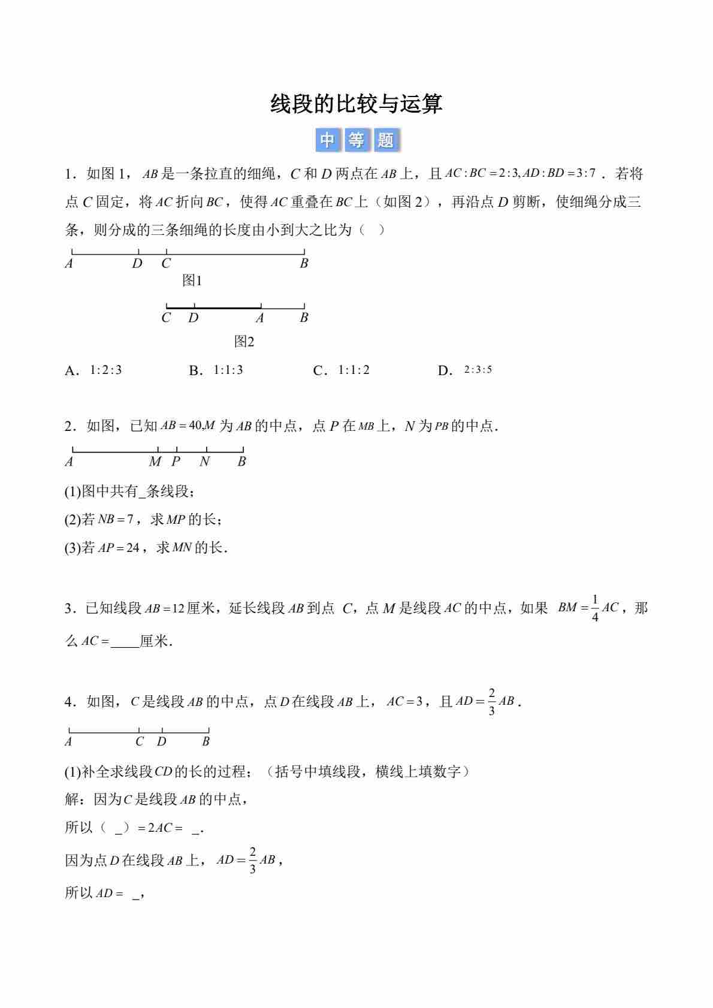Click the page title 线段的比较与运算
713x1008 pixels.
pyautogui.click(x=356, y=104)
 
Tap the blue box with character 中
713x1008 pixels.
pyautogui.click(x=327, y=140)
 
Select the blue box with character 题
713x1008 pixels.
pyautogui.click(x=385, y=140)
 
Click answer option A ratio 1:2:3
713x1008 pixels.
pyautogui.click(x=105, y=370)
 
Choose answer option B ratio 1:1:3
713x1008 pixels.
pyautogui.click(x=228, y=370)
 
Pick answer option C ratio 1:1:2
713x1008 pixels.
pyautogui.click(x=354, y=370)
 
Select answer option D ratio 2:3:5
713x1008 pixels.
pyautogui.click(x=478, y=370)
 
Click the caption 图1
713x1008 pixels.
pyautogui.click(x=192, y=280)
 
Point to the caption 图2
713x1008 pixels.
pyautogui.click(x=244, y=342)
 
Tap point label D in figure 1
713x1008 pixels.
pyautogui.click(x=137, y=264)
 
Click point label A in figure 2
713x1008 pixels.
pyautogui.click(x=259, y=318)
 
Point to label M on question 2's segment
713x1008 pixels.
pyautogui.click(x=155, y=461)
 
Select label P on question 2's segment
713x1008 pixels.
pyautogui.click(x=176, y=461)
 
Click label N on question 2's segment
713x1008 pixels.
pyautogui.click(x=205, y=461)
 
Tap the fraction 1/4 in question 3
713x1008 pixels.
pyautogui.click(x=595, y=608)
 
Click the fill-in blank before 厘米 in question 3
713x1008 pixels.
pyautogui.click(x=124, y=641)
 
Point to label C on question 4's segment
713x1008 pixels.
pyautogui.click(x=140, y=741)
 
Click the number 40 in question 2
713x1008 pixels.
pyautogui.click(x=195, y=425)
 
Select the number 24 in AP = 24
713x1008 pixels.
pyautogui.click(x=132, y=548)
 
